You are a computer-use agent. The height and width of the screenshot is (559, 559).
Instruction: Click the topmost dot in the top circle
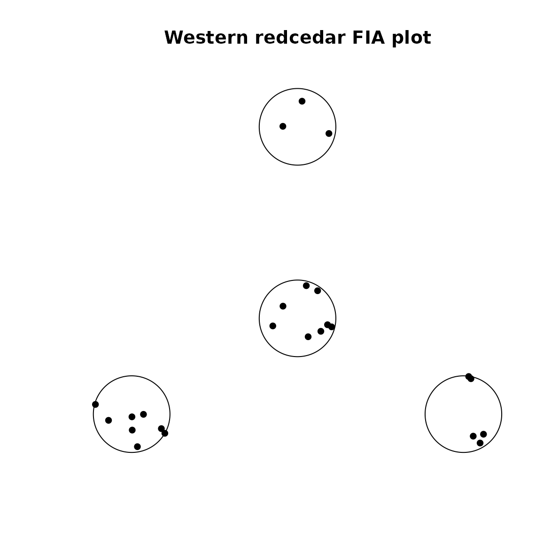coord(302,101)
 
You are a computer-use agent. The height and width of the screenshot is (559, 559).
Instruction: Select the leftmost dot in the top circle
coord(283,126)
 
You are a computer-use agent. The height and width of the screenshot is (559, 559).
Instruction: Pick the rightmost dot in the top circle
coord(329,133)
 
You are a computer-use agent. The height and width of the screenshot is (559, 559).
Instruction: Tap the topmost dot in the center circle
coord(306,286)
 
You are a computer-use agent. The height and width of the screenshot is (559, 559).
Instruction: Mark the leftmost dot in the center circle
coord(273,326)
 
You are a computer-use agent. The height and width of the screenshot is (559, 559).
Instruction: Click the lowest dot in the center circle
coord(308,337)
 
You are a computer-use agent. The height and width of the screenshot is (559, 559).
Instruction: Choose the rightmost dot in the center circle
coord(332,327)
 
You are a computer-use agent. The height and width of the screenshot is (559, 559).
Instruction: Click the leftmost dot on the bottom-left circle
coord(95,404)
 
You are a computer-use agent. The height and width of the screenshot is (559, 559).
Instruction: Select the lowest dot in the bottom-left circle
coord(137,447)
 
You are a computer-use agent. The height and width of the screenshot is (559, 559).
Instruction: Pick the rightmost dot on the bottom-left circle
coord(165,433)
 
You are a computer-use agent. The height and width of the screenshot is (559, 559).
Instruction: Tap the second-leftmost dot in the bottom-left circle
coord(109,420)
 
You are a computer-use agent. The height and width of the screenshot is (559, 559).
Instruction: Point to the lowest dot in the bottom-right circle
coord(480,443)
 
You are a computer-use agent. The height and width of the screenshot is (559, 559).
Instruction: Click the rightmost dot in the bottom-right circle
coord(484,434)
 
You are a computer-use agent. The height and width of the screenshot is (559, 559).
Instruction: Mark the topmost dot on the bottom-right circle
coord(468,376)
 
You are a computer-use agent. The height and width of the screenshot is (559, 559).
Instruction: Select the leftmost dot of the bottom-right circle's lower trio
coord(473,436)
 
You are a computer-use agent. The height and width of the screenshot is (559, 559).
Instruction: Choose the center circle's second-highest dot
coord(318,291)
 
